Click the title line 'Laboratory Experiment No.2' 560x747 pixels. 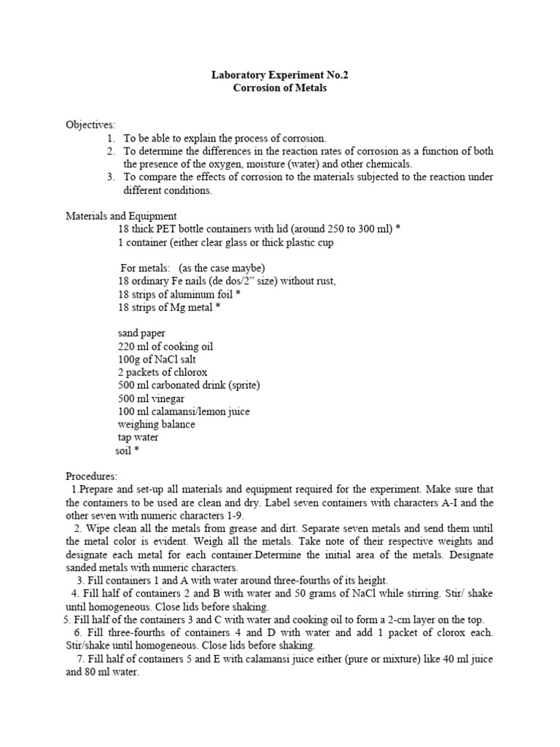coord(280,74)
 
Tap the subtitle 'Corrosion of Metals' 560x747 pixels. coord(280,88)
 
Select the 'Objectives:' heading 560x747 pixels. coord(90,125)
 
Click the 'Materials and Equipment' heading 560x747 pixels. coord(121,216)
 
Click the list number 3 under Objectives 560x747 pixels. coord(111,177)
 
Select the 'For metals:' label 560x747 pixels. coord(145,268)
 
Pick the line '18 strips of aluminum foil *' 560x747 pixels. coord(179,295)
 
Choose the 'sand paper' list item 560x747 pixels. coord(141,333)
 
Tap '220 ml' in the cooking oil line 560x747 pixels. coord(134,347)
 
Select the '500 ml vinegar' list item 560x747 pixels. coord(151,399)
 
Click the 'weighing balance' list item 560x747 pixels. coord(156,425)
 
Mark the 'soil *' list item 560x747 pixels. coord(127,451)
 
